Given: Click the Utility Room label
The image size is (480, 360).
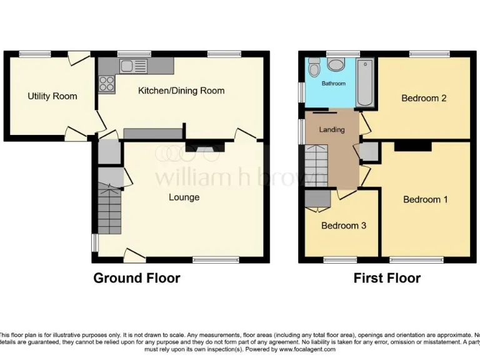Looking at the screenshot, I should (52, 96).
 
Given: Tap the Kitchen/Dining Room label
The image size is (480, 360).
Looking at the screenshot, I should (181, 91).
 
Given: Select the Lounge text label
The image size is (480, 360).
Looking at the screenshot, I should (184, 197).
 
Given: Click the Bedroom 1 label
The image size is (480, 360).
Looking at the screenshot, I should (425, 199).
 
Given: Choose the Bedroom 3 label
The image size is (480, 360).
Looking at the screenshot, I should (343, 226).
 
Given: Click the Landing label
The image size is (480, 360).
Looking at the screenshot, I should (331, 130).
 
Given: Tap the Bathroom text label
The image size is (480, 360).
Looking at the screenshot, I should (333, 83).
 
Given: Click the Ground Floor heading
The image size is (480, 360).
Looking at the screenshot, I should (136, 278).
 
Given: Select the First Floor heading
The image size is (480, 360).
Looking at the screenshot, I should (387, 278).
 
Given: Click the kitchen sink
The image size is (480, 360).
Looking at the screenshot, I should (133, 65).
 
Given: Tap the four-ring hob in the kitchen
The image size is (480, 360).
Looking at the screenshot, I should (105, 83).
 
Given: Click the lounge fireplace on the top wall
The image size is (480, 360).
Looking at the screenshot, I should (204, 148).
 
